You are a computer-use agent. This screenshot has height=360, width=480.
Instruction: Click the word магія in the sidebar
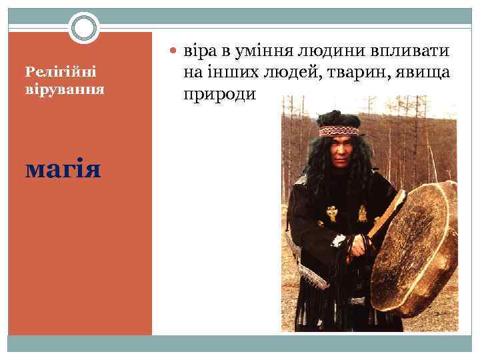pos(63,169)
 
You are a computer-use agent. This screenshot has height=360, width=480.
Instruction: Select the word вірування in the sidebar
pos(64,88)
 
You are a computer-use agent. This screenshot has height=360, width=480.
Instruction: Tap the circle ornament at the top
pos(84,28)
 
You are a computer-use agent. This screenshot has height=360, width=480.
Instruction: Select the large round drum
pos(417,250)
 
